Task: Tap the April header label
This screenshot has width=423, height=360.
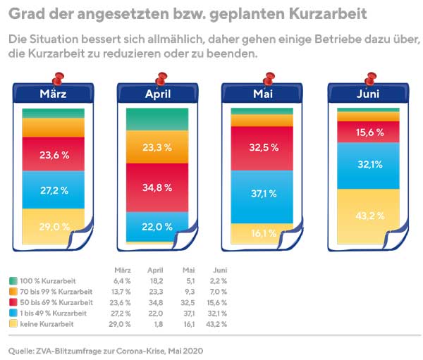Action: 157,94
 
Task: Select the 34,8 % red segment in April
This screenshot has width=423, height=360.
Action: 157,187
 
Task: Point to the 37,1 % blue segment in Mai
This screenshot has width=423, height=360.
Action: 261,194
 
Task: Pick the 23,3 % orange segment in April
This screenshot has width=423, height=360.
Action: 157,147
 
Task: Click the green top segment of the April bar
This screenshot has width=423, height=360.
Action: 157,119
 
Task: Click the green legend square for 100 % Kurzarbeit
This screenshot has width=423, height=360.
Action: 13,281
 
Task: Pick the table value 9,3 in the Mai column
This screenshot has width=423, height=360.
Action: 188,292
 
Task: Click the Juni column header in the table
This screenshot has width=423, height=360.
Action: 219,270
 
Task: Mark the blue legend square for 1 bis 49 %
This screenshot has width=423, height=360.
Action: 13,313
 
